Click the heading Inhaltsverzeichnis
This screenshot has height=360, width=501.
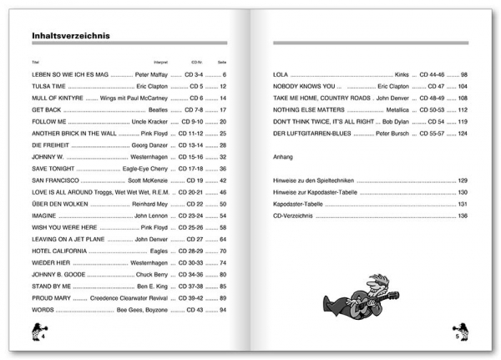pos(71,37)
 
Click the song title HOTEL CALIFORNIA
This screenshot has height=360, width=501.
pos(58,251)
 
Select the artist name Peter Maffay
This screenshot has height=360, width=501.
pos(157,74)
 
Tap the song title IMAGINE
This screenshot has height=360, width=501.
pos(46,215)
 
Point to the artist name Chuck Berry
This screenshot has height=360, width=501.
pos(164,274)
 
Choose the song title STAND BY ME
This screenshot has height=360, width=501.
pos(52,286)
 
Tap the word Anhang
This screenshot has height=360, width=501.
pos(284,156)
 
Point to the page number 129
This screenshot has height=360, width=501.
pos(462,180)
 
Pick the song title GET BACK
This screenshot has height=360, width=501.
pos(46,109)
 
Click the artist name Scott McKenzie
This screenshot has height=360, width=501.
pos(158,180)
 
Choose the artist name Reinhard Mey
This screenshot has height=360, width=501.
pos(157,204)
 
